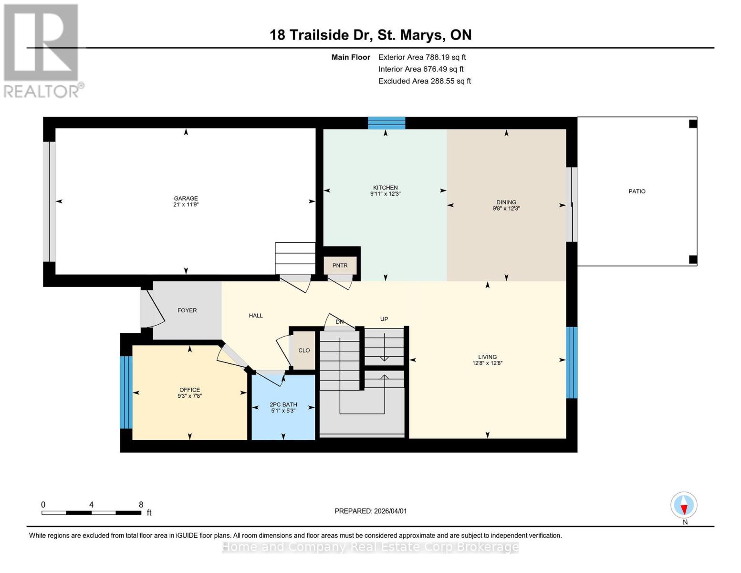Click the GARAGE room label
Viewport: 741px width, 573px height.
(186, 198)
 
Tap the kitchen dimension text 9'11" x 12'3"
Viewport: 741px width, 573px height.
(385, 194)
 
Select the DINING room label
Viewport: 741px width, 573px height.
(506, 202)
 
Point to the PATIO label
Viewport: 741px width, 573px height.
(637, 191)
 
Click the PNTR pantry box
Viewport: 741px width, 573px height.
(340, 265)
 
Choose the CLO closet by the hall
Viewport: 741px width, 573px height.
(304, 350)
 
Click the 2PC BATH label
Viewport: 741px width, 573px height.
(283, 404)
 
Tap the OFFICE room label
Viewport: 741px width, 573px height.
(189, 390)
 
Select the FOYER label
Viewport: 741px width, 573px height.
(187, 310)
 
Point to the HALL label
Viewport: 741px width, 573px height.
(256, 316)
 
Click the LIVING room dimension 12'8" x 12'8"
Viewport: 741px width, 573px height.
(487, 363)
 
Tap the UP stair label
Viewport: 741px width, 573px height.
(384, 319)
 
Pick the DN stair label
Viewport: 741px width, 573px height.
(339, 322)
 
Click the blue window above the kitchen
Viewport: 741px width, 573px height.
(386, 123)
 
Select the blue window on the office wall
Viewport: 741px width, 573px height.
(125, 393)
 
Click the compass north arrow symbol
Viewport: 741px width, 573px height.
(684, 505)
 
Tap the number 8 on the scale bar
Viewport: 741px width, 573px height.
(141, 505)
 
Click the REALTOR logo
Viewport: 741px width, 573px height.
(42, 50)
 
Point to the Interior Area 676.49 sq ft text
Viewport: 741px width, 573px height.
(421, 69)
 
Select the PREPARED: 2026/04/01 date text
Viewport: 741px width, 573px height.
(370, 511)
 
